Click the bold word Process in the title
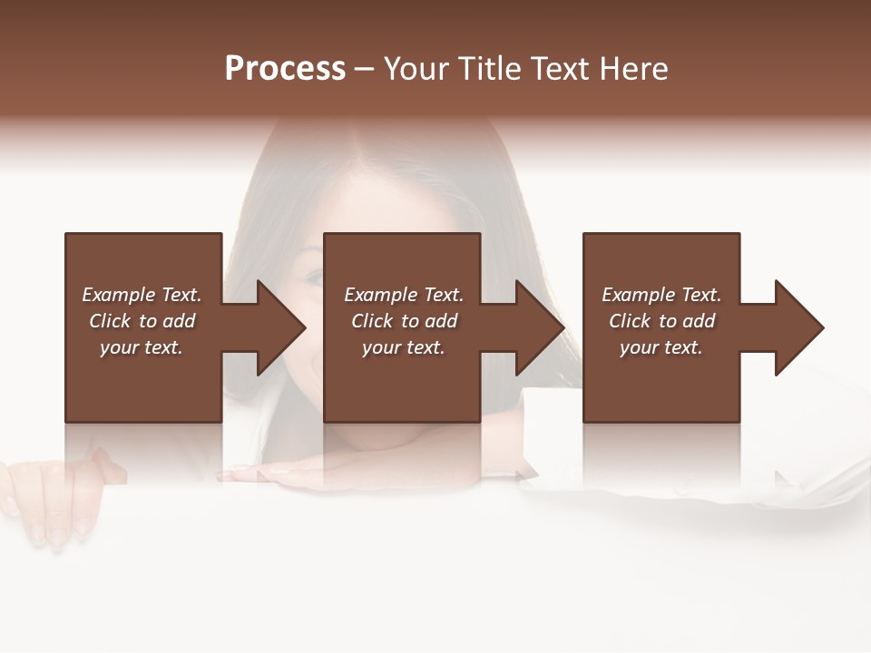pyautogui.click(x=285, y=69)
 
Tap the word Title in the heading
pyautogui.click(x=493, y=69)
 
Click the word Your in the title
pyautogui.click(x=418, y=69)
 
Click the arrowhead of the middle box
pyautogui.click(x=539, y=327)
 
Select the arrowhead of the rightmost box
pyautogui.click(x=798, y=327)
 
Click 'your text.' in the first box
pyautogui.click(x=142, y=347)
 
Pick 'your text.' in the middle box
pyautogui.click(x=404, y=347)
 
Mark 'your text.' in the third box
pyautogui.click(x=661, y=347)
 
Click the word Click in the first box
pyautogui.click(x=111, y=321)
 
